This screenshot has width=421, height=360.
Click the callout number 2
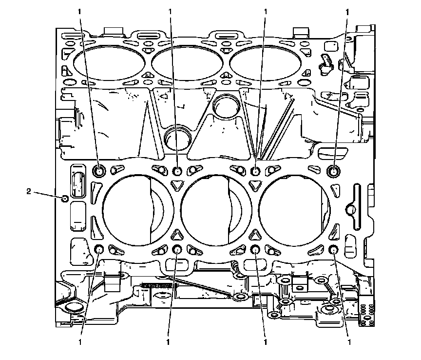point(29,191)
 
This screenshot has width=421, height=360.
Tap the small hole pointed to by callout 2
point(64,199)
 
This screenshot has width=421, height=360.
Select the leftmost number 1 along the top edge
point(79,12)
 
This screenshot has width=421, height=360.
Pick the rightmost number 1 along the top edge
point(347,12)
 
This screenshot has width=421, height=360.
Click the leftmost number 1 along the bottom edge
point(80,342)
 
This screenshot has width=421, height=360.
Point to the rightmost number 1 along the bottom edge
point(349,342)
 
